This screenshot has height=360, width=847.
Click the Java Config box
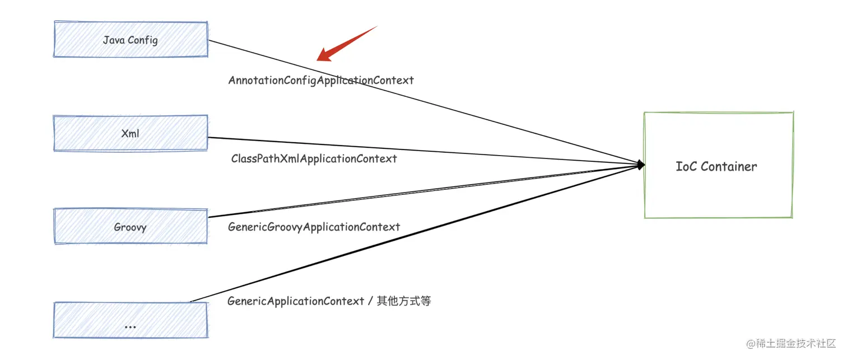click(131, 40)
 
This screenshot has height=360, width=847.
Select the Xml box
click(131, 133)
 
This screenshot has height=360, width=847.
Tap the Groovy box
click(131, 227)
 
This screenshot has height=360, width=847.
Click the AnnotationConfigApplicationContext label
click(321, 80)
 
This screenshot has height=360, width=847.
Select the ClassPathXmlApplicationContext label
click(314, 158)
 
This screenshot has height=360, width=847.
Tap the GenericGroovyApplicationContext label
click(314, 227)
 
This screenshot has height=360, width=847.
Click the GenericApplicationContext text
click(296, 301)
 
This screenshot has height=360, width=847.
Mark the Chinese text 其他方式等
click(404, 301)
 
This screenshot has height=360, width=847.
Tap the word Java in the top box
click(114, 40)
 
